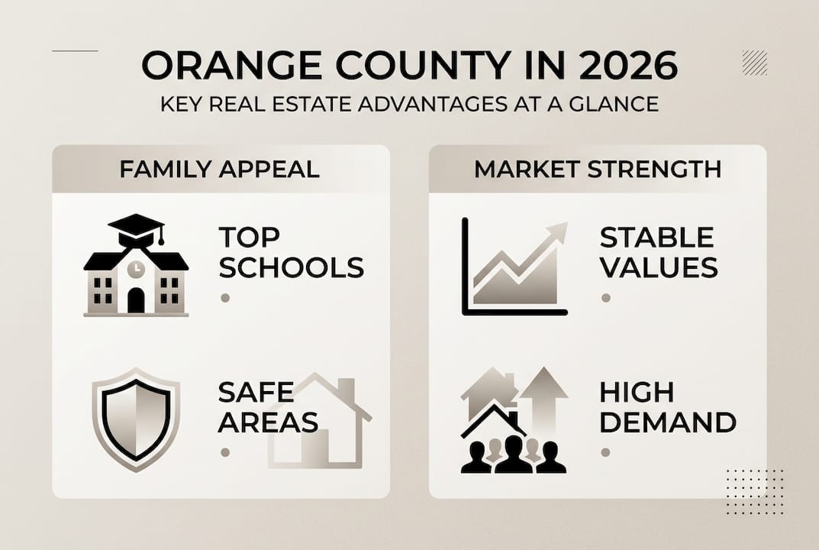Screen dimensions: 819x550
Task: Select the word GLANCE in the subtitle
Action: pyautogui.click(x=614, y=104)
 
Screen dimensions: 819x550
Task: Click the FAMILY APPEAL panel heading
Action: pyautogui.click(x=219, y=169)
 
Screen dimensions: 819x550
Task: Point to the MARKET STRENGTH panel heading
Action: pyautogui.click(x=598, y=169)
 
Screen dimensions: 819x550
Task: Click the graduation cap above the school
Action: pyautogui.click(x=137, y=229)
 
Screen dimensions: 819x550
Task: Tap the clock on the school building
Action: pyautogui.click(x=136, y=268)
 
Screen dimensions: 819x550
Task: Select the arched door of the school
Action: pyautogui.click(x=136, y=300)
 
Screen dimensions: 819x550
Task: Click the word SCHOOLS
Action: pyautogui.click(x=291, y=267)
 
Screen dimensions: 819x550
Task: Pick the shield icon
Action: pyautogui.click(x=136, y=419)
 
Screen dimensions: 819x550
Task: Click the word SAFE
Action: pyautogui.click(x=256, y=392)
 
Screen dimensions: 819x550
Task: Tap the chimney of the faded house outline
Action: pyautogui.click(x=346, y=390)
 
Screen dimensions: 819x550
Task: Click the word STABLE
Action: pyautogui.click(x=656, y=238)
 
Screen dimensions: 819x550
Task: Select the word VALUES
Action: pyautogui.click(x=659, y=267)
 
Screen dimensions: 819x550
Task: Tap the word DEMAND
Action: pyautogui.click(x=668, y=422)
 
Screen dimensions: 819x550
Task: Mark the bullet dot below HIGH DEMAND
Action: pyautogui.click(x=605, y=452)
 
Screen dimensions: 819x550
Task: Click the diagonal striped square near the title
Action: pyautogui.click(x=755, y=63)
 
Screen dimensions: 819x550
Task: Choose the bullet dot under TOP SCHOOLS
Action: pyautogui.click(x=225, y=298)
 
